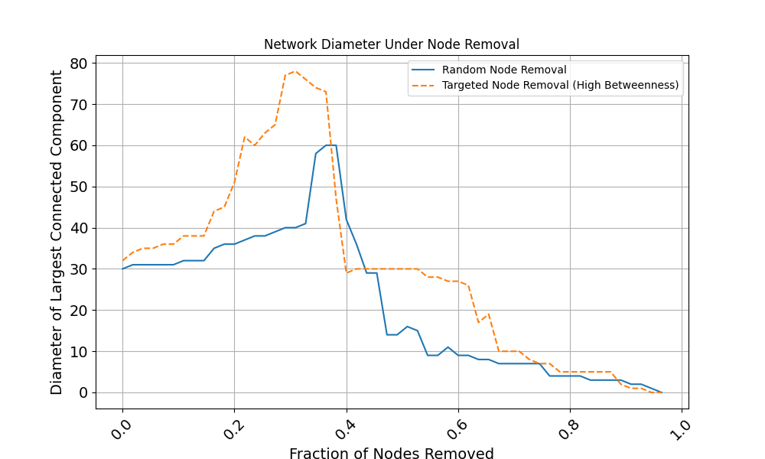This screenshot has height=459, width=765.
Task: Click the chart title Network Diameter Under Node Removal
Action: point(391,44)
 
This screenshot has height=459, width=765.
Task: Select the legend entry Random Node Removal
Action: point(504,70)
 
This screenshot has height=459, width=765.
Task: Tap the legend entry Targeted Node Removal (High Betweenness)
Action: point(560,85)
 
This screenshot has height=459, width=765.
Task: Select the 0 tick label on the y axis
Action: point(84,393)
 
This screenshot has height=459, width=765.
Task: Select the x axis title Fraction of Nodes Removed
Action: point(391,454)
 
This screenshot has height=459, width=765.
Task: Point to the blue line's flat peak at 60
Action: point(330,145)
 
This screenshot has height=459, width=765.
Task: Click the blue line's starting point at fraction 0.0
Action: point(122,269)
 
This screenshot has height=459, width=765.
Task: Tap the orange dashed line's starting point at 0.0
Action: point(122,261)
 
